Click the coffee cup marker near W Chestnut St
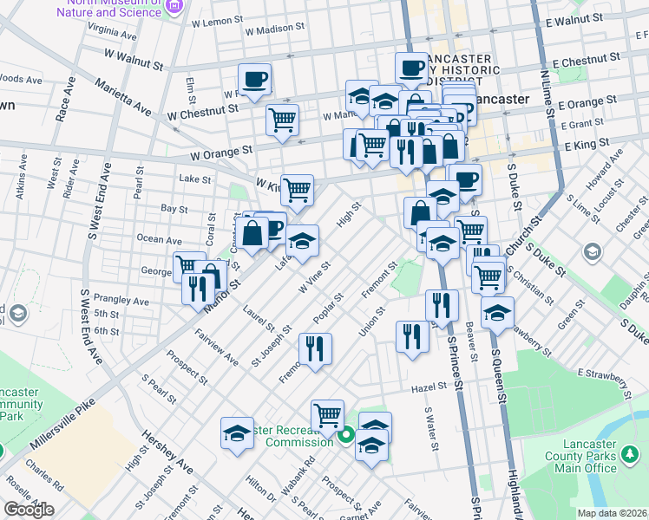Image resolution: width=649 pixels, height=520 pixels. point(254,80)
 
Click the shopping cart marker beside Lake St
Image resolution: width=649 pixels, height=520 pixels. point(297,190)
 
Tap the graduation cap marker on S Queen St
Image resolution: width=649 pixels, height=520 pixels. point(497,314)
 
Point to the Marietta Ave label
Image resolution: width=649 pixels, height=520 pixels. point(127,93)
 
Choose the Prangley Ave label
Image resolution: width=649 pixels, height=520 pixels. point(122,300)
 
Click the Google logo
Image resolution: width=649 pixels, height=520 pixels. point(29,509)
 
